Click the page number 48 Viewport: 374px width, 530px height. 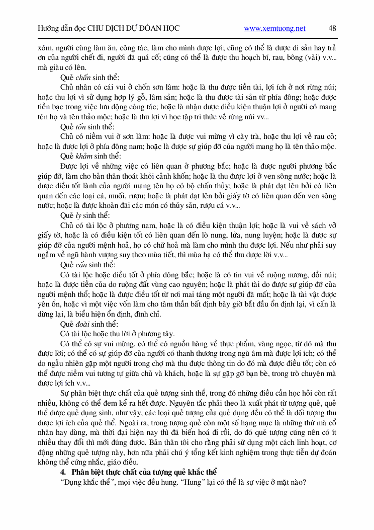tap(332, 28)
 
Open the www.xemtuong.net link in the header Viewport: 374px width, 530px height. tap(274, 29)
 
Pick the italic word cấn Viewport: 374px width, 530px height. tap(82, 265)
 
